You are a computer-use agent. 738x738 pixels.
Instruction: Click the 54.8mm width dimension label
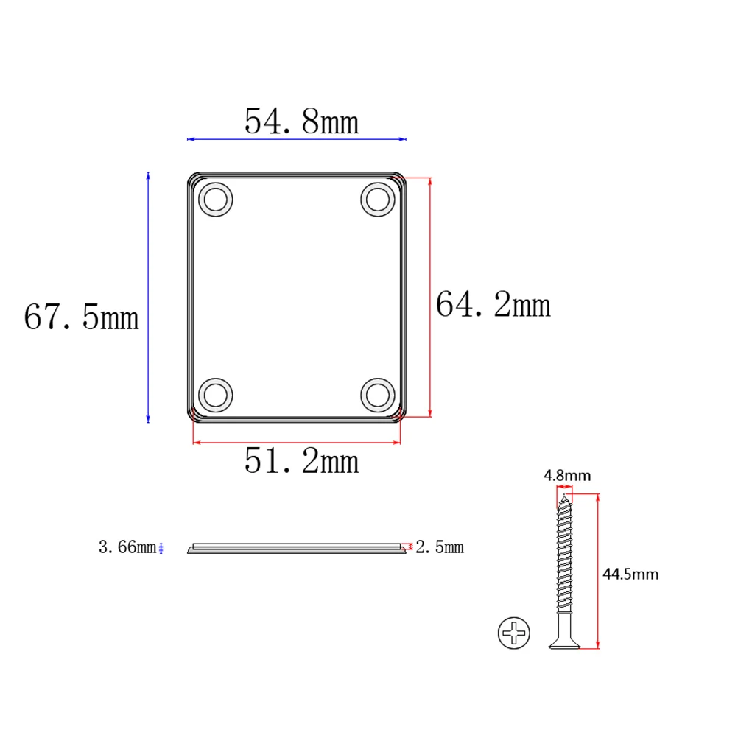click(x=302, y=122)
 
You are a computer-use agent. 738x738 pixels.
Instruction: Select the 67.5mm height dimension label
click(x=82, y=317)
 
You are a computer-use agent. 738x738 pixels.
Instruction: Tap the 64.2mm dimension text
click(x=493, y=304)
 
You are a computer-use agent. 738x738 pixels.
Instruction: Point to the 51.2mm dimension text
click(x=302, y=461)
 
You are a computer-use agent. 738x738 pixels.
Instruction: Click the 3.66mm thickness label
click(x=127, y=547)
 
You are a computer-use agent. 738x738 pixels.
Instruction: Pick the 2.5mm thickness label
click(x=440, y=547)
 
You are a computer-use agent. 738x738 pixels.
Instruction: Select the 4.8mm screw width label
click(x=567, y=475)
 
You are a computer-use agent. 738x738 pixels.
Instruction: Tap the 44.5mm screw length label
click(x=630, y=574)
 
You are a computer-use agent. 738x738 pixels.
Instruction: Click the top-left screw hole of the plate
click(x=216, y=199)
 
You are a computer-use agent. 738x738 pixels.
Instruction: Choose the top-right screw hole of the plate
click(x=378, y=199)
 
